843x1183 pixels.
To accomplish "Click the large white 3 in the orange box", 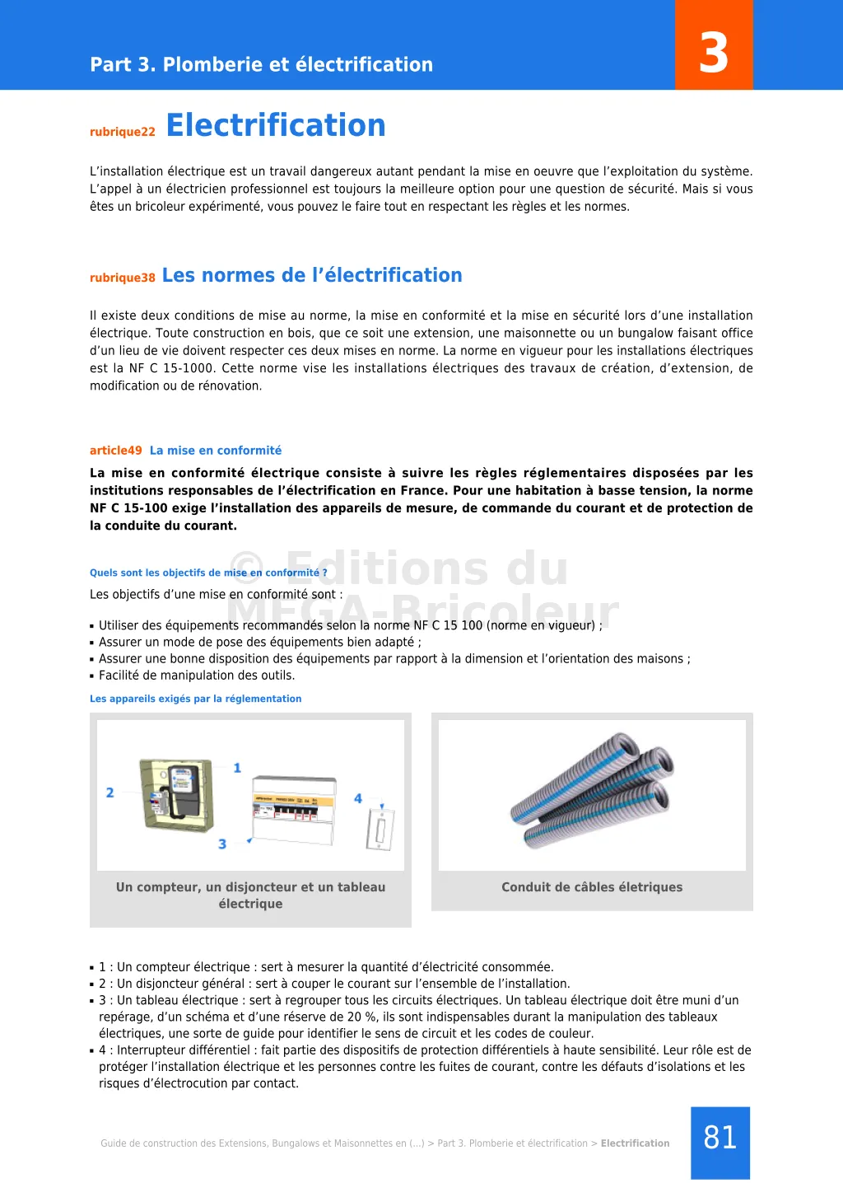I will (x=714, y=54).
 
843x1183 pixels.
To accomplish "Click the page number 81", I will (x=720, y=1138).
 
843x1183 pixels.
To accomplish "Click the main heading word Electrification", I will (x=276, y=125).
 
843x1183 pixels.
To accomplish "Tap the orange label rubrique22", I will (x=123, y=132).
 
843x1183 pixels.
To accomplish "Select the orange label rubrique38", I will (x=123, y=278).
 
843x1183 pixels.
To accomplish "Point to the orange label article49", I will (x=116, y=451).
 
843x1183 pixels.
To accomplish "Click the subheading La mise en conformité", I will (x=216, y=451).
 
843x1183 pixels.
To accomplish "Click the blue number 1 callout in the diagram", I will (x=237, y=768).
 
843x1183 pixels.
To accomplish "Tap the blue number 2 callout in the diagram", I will (x=109, y=793).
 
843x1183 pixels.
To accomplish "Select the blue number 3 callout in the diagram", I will (x=222, y=844).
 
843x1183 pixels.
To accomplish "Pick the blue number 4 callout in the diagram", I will (x=358, y=798).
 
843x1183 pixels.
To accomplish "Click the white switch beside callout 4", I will (x=380, y=829).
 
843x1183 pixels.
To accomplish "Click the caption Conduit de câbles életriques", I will (x=592, y=887).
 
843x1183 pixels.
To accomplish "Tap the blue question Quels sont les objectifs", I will (x=208, y=573).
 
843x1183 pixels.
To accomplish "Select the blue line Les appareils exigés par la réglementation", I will (x=196, y=699).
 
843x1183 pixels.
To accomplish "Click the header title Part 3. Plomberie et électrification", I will (x=261, y=64).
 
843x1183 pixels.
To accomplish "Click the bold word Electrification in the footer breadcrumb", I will (x=635, y=1143).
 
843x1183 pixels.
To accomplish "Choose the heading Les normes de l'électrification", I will (x=312, y=275).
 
